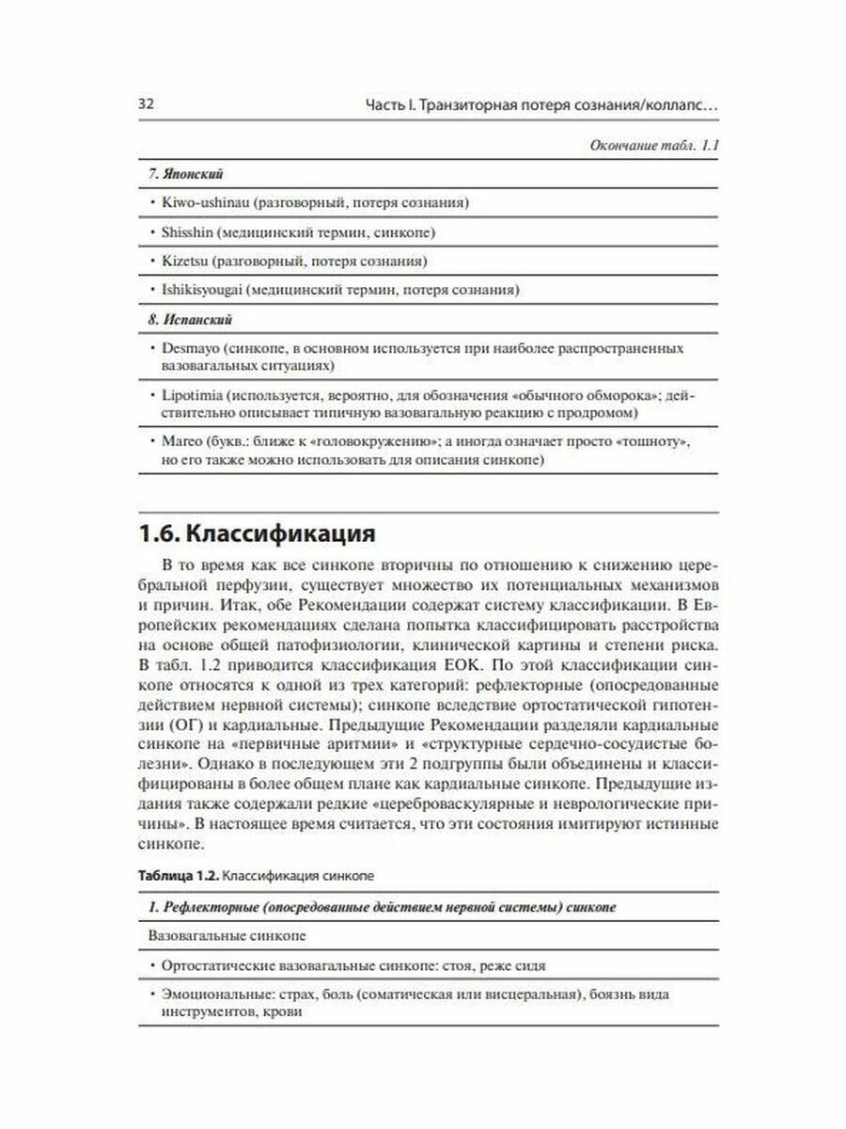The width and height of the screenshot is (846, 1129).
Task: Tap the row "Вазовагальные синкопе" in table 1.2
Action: click(x=227, y=937)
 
